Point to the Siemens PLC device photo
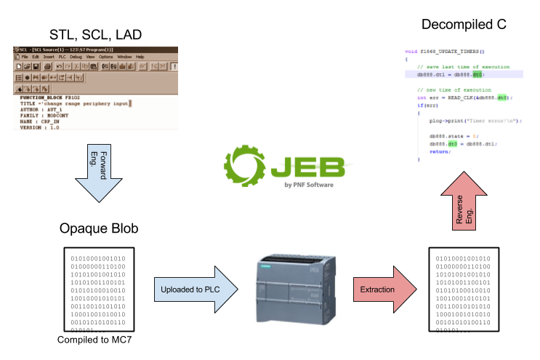coord(296,289)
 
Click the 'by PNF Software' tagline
coord(309,185)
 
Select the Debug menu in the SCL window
coord(76,57)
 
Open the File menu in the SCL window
coord(24,57)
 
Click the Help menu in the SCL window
coord(140,57)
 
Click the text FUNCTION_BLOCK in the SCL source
coord(41,97)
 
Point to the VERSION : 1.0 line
coord(39,127)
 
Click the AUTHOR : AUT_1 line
coord(42,110)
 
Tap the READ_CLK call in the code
coord(464,97)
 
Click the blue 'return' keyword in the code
coord(439,152)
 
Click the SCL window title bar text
coord(65,49)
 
